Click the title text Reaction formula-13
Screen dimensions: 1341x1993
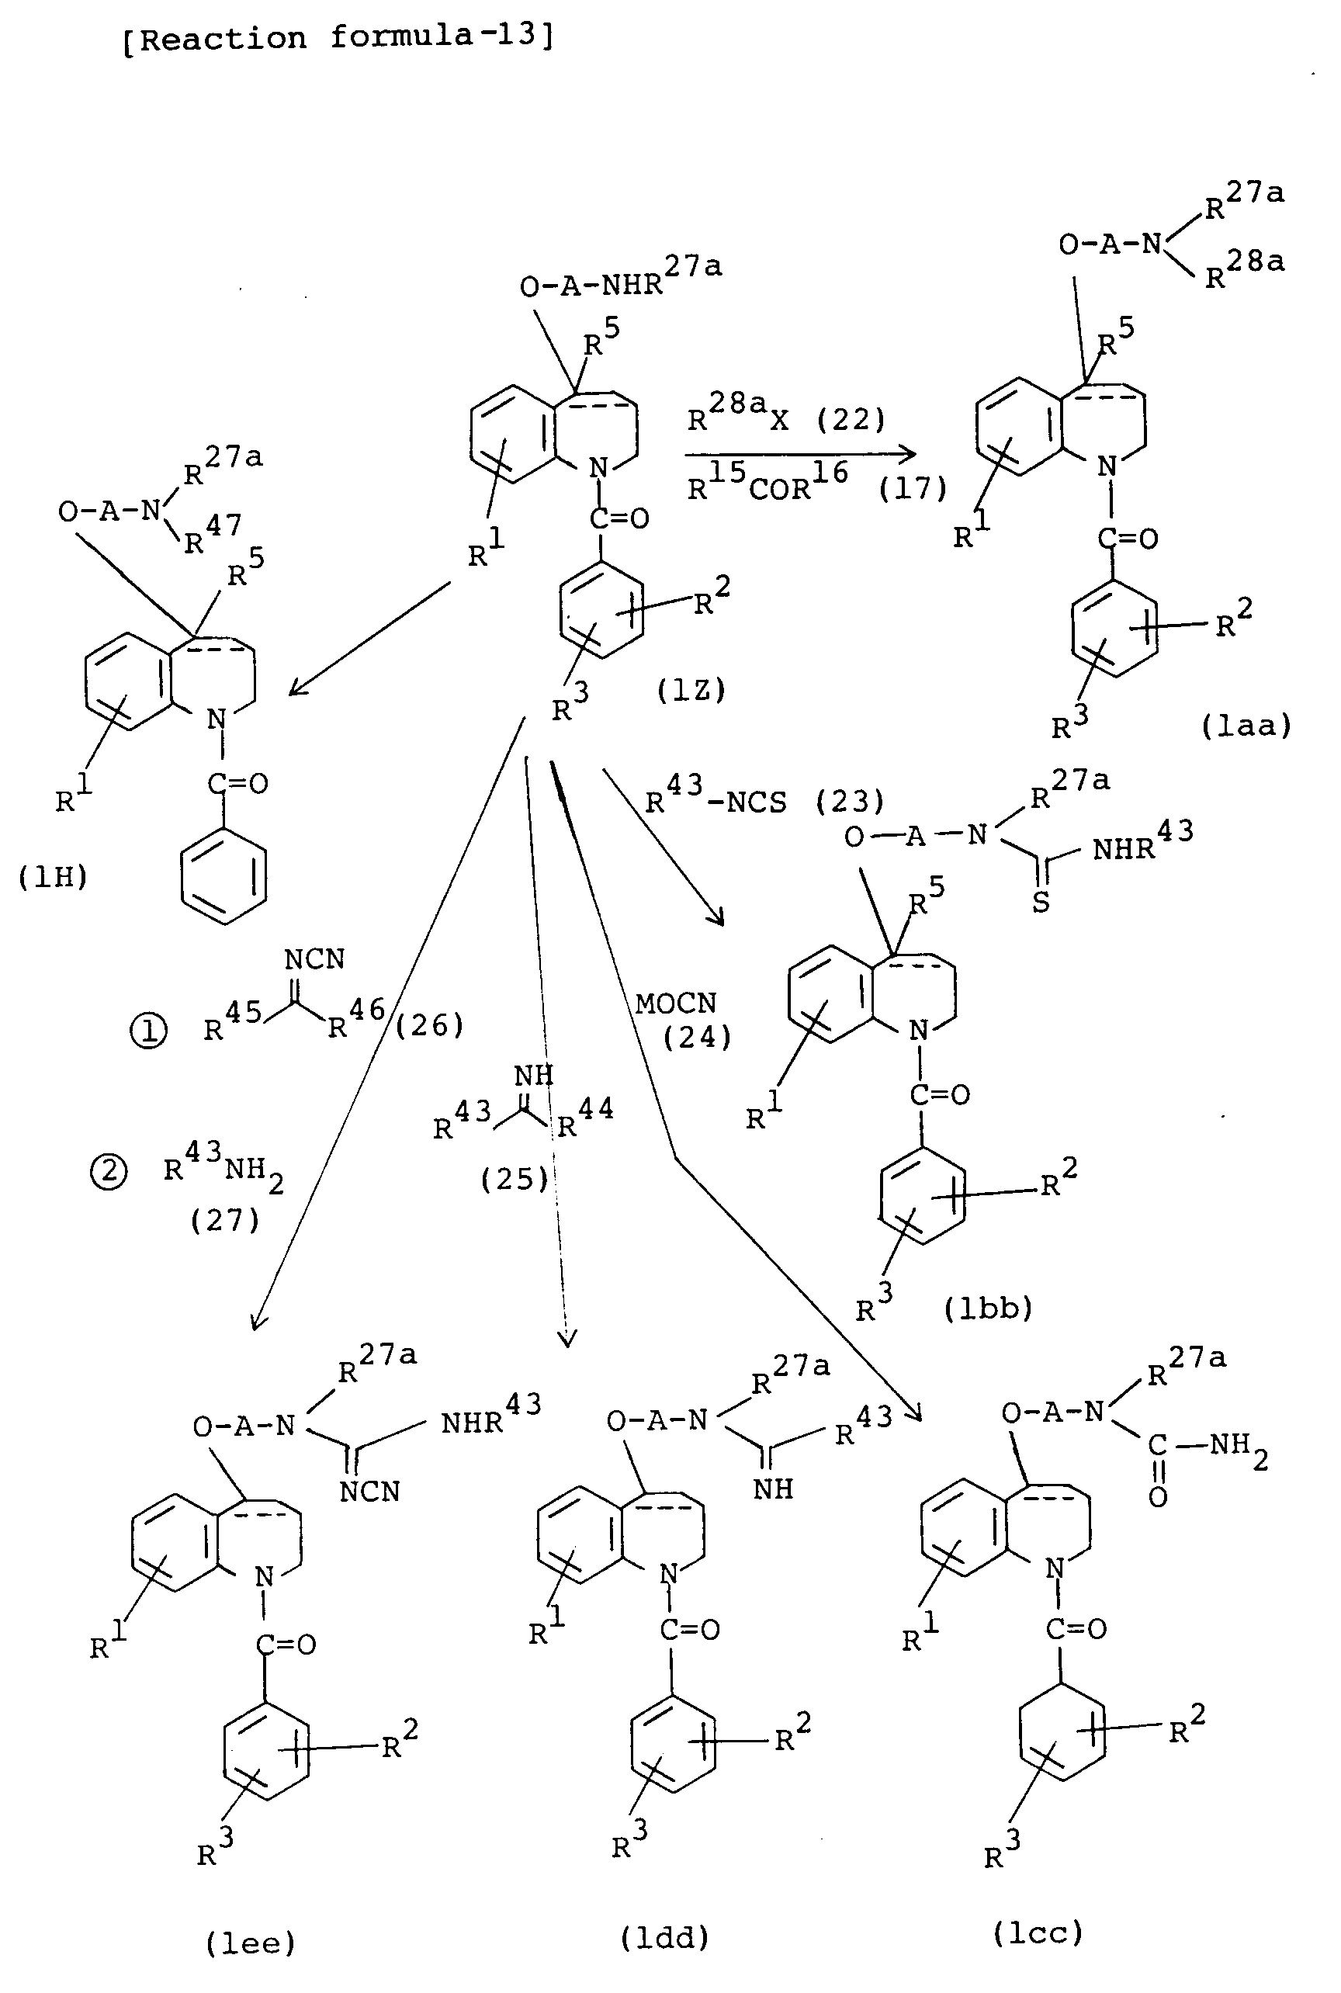338,37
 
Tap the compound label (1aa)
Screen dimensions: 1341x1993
1246,726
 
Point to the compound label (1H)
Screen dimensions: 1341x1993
53,877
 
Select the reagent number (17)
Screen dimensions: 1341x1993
913,488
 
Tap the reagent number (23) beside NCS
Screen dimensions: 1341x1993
849,802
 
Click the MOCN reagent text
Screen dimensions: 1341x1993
676,1003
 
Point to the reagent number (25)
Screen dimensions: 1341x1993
515,1180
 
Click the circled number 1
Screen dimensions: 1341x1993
148,1031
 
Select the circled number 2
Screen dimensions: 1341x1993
109,1171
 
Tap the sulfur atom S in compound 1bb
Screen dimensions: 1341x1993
1041,903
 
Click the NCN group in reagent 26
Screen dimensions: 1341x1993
315,960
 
